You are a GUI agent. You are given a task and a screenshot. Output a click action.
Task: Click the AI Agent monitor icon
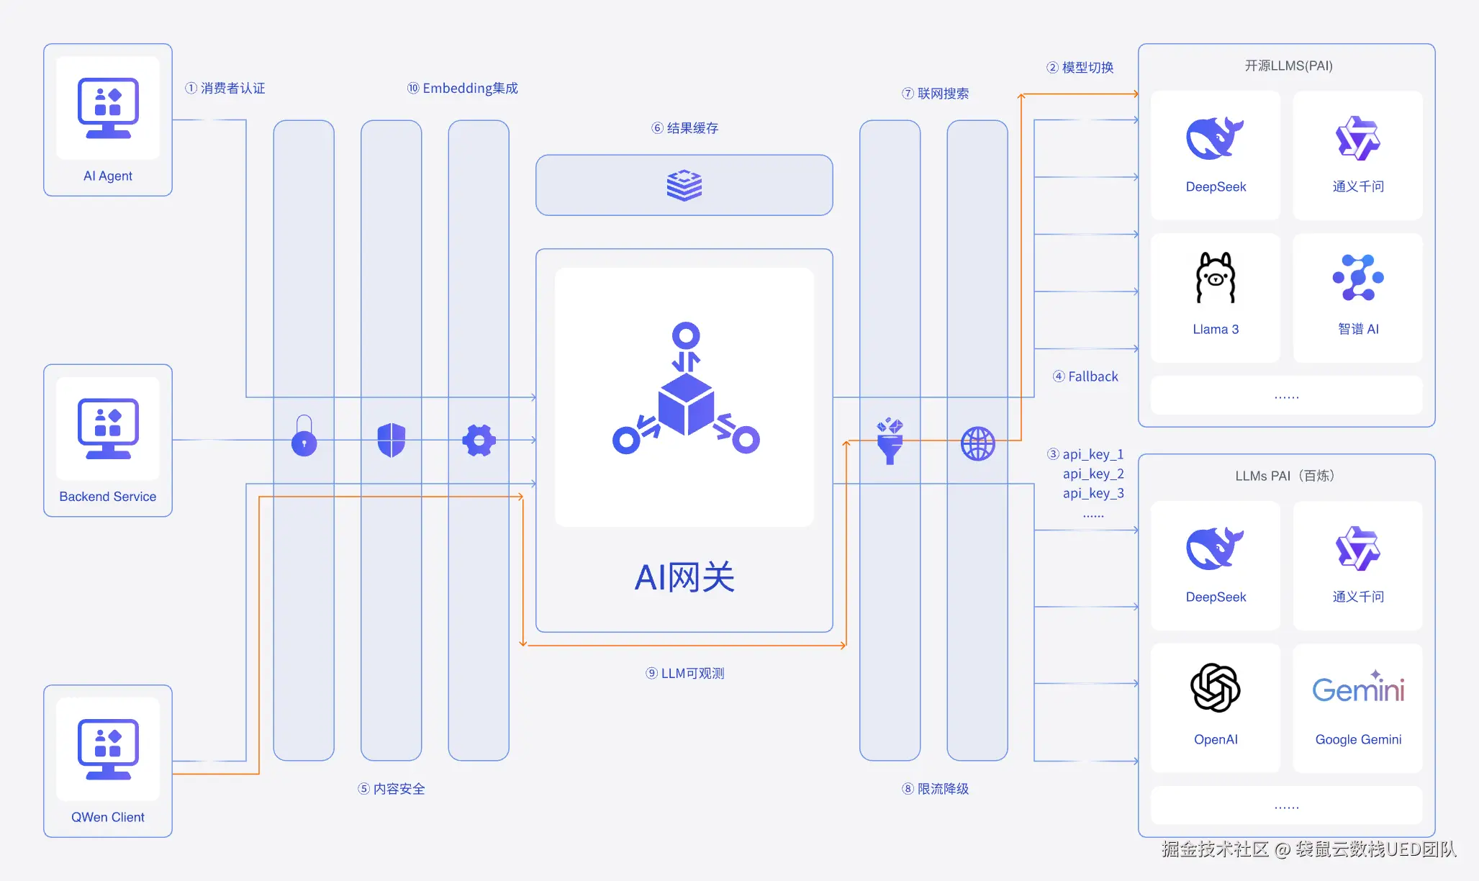click(108, 108)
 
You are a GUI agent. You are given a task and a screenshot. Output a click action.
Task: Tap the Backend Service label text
click(108, 497)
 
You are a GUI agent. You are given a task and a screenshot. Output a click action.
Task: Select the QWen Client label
click(108, 817)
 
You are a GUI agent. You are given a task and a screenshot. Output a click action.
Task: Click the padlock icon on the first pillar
click(304, 436)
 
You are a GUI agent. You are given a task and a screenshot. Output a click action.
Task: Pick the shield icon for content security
click(392, 440)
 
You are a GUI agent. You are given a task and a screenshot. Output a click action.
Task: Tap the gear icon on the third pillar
click(479, 440)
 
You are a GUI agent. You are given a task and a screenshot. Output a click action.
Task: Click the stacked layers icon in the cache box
click(684, 185)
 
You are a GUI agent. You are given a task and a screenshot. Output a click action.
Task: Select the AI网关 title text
click(684, 577)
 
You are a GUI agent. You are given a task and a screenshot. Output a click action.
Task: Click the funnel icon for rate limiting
click(890, 440)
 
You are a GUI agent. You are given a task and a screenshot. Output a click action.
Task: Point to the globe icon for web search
click(977, 443)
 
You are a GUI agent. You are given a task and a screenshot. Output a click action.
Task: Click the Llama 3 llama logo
click(1216, 278)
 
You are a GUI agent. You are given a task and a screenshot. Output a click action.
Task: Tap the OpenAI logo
click(1216, 688)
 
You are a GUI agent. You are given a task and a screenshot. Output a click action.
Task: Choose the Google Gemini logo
click(1358, 688)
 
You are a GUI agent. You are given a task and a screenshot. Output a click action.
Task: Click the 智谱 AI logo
click(1358, 278)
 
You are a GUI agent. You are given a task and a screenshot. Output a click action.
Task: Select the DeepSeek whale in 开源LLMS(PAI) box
click(1215, 137)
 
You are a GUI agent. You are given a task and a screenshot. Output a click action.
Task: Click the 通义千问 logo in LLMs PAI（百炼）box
click(1358, 548)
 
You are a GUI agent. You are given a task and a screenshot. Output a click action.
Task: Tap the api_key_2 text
click(1093, 474)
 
